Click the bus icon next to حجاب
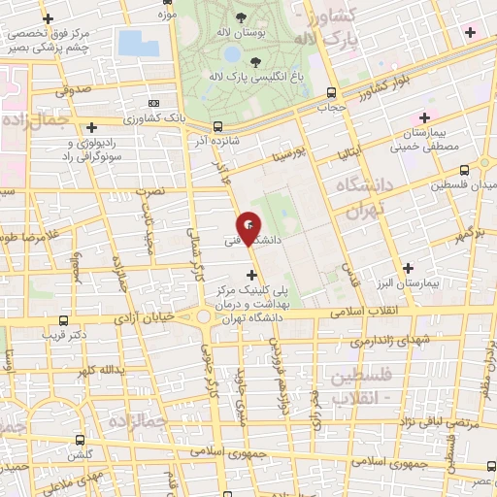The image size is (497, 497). pyautogui.click(x=332, y=93)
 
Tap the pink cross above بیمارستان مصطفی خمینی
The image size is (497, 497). pyautogui.click(x=424, y=116)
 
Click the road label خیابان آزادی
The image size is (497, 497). pyautogui.click(x=145, y=317)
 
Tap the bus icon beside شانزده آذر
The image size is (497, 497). pyautogui.click(x=216, y=125)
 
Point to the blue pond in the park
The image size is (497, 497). pyautogui.click(x=132, y=43)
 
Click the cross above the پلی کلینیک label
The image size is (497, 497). pyautogui.click(x=253, y=276)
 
